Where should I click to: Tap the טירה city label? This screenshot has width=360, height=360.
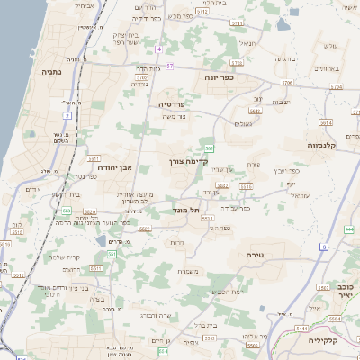[260, 256]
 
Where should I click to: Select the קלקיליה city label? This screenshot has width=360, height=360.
[328, 341]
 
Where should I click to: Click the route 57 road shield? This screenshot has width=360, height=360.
[169, 66]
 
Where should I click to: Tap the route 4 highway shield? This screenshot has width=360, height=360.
[158, 49]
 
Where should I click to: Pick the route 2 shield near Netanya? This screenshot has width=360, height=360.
[67, 115]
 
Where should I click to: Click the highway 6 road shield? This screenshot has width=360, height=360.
[323, 246]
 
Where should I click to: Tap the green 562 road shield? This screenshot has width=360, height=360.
[209, 147]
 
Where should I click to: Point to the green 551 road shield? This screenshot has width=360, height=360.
[112, 255]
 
